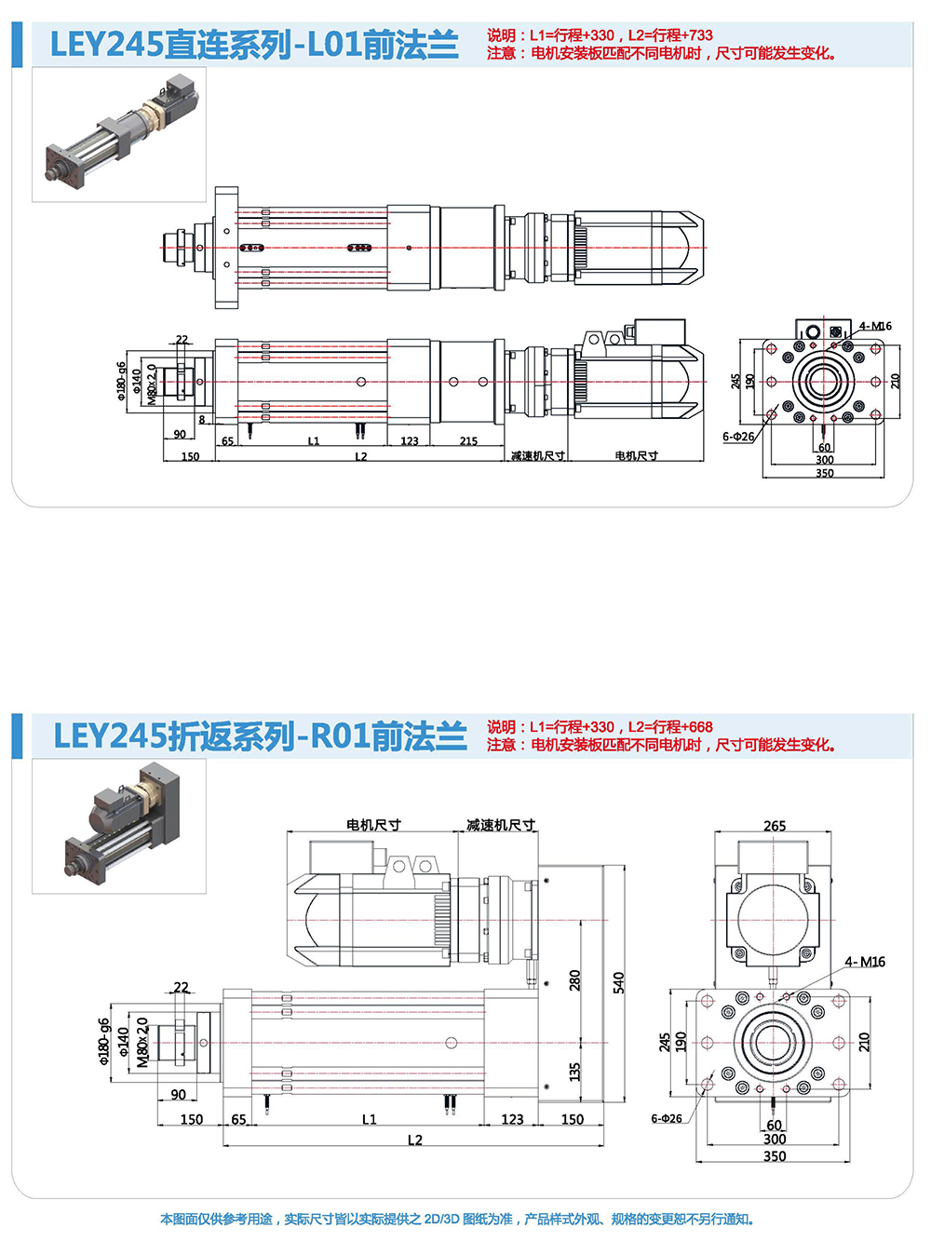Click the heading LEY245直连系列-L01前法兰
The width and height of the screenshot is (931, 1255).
(253, 45)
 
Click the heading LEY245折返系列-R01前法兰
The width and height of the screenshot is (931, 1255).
(260, 736)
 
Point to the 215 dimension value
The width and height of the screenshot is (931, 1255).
(468, 441)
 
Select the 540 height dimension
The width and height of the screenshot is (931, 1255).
(618, 982)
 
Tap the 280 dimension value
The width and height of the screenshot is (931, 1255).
(574, 979)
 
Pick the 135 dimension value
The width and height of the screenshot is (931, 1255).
(574, 1072)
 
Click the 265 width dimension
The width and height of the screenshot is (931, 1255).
(775, 826)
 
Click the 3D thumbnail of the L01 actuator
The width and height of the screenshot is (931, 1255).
(119, 134)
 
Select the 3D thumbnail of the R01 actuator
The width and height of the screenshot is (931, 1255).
(119, 826)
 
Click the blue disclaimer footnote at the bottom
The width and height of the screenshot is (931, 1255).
(457, 1219)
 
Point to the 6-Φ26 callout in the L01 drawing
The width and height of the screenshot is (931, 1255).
(738, 437)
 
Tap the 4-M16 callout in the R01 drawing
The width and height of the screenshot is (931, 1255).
(865, 962)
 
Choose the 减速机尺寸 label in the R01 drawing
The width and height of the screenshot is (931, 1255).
(501, 825)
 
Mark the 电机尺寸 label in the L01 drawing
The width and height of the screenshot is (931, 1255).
(636, 455)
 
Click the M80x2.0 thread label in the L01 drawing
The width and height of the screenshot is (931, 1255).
(152, 385)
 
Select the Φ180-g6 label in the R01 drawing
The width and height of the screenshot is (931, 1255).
(104, 1041)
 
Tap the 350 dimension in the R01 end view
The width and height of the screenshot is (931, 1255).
(775, 1156)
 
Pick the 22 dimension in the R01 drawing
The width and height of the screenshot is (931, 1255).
(181, 988)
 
